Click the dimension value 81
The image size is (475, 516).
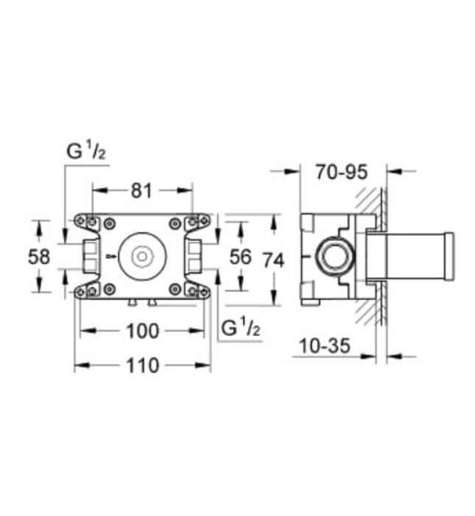pos(141,190)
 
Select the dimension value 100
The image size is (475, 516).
pos(142,331)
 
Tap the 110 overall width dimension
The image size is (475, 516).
pos(142,364)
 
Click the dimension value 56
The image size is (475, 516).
pos(240,257)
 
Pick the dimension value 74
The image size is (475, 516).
pos(273,260)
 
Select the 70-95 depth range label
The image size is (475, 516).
pos(341,172)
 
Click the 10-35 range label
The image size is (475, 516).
pos(325,344)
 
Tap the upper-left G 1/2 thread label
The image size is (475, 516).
pos(87,153)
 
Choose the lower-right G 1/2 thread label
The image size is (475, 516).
pos(240,329)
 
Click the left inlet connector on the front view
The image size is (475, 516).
pos(89,256)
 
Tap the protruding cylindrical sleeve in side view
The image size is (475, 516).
pos(409,256)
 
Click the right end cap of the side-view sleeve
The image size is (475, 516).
pos(449,256)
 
